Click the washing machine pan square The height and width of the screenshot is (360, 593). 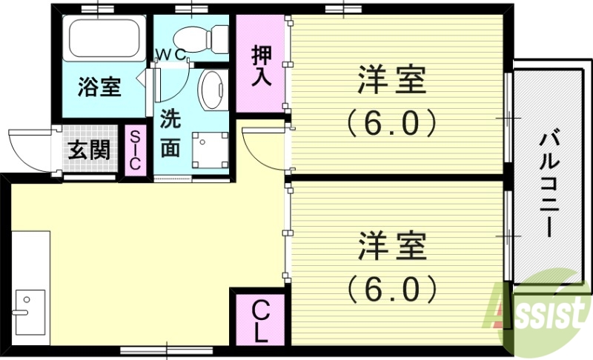click(208, 148)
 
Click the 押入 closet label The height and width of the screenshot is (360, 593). click(261, 66)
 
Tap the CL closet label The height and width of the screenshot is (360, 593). click(259, 320)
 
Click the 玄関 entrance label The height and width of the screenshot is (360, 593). click(89, 150)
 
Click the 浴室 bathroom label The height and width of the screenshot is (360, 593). click(100, 87)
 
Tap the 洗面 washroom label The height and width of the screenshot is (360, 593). click(170, 133)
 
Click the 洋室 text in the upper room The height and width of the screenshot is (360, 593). click(392, 80)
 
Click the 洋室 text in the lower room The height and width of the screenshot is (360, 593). click(392, 246)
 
